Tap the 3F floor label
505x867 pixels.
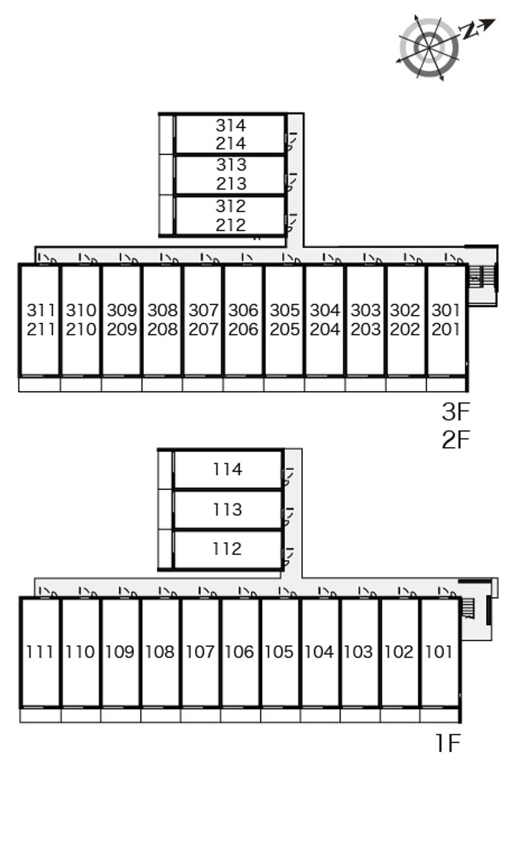[456, 412]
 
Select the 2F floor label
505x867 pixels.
[456, 439]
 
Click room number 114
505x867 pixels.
[227, 470]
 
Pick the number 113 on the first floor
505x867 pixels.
[227, 510]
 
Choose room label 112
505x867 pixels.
[227, 549]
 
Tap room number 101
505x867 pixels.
[439, 652]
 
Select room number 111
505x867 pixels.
[40, 652]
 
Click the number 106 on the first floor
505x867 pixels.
[239, 652]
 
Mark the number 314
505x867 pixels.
[231, 126]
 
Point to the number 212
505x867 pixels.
[231, 225]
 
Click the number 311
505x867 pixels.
[41, 310]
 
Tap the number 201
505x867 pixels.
[446, 330]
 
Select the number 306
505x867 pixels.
[244, 310]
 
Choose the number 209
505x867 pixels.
[122, 330]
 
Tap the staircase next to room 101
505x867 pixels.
[468, 608]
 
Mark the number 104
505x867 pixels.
[319, 652]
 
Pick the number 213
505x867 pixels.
[231, 184]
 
